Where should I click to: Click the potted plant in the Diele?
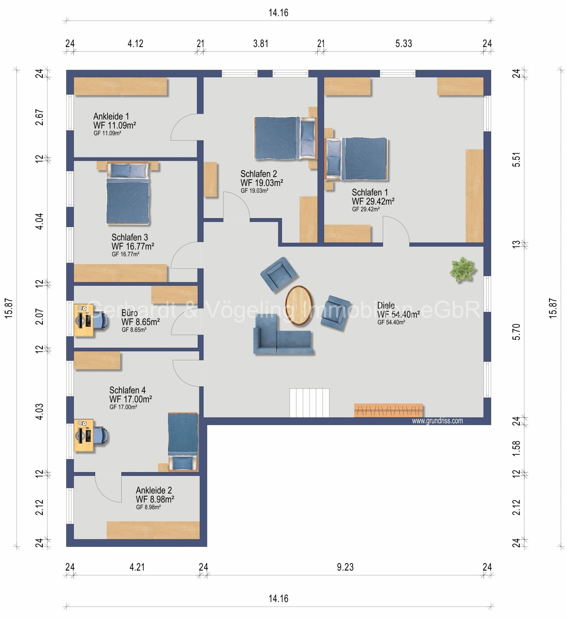[462, 270]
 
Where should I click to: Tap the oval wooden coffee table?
[299, 305]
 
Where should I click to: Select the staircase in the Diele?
[310, 403]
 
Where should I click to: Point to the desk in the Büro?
[84, 320]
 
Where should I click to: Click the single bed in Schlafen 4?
[183, 442]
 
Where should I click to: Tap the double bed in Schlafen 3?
[128, 193]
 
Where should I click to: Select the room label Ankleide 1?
[111, 116]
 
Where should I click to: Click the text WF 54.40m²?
[398, 314]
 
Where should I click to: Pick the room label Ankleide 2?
[154, 490]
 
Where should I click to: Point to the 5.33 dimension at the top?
[404, 44]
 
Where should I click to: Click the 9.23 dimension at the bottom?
[345, 567]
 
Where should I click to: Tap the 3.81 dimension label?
[261, 44]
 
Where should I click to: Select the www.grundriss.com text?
[437, 421]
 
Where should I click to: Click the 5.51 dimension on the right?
[516, 159]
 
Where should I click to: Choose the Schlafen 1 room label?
[370, 192]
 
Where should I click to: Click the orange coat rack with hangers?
[388, 410]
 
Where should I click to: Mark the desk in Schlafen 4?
[84, 435]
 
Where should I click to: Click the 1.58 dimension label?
[516, 448]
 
